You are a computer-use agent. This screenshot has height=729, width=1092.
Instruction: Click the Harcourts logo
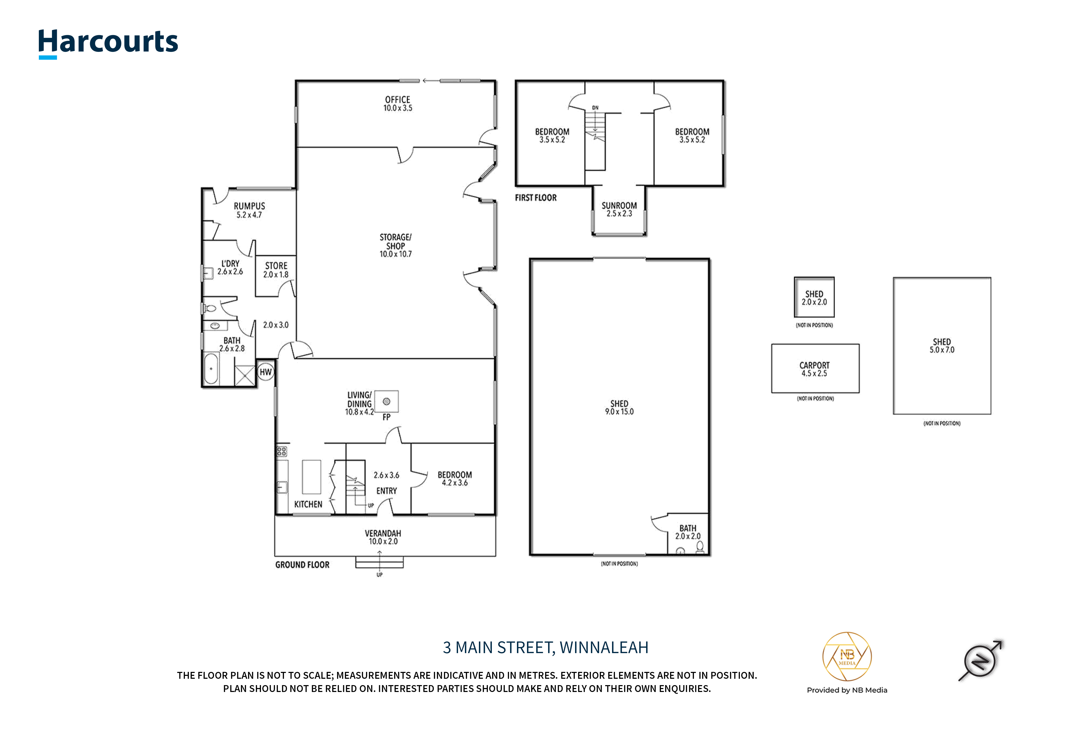(x=108, y=43)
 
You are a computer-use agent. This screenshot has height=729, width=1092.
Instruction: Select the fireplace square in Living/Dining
(x=386, y=401)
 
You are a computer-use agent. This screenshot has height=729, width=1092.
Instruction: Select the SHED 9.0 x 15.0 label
(x=619, y=407)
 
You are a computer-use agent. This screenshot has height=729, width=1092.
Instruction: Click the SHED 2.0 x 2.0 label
(x=814, y=298)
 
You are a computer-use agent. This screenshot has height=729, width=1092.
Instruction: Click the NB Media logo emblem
(x=847, y=657)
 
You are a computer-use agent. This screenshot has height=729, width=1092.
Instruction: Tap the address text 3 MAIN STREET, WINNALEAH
(x=546, y=648)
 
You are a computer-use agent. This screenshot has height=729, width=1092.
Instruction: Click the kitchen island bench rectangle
(x=312, y=477)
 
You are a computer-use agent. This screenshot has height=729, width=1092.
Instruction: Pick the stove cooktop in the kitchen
(x=282, y=451)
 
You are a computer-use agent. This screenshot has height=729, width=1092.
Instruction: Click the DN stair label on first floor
(x=595, y=108)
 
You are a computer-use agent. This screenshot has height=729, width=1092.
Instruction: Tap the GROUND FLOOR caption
(x=302, y=565)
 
